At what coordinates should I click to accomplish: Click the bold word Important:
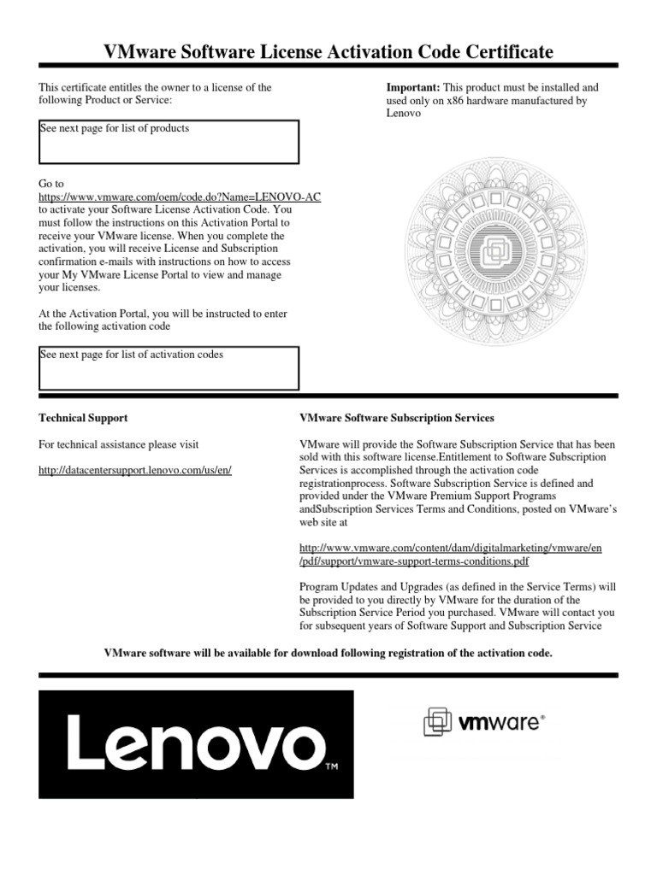click(x=414, y=87)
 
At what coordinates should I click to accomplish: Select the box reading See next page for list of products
click(x=169, y=142)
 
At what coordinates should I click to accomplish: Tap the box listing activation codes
click(x=169, y=368)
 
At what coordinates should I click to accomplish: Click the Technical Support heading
click(x=84, y=418)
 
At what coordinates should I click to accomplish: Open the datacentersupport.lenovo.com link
click(x=136, y=471)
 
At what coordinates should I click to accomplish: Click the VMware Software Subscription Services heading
click(x=397, y=418)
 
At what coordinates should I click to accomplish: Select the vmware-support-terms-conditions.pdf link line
click(x=414, y=561)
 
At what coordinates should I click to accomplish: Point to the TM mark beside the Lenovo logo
click(x=333, y=766)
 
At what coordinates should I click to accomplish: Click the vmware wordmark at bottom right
click(x=500, y=723)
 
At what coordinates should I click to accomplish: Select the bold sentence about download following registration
click(x=328, y=653)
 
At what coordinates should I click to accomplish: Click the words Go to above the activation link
click(x=51, y=184)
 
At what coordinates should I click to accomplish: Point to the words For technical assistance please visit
click(x=119, y=444)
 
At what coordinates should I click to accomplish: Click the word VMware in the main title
click(x=139, y=53)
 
